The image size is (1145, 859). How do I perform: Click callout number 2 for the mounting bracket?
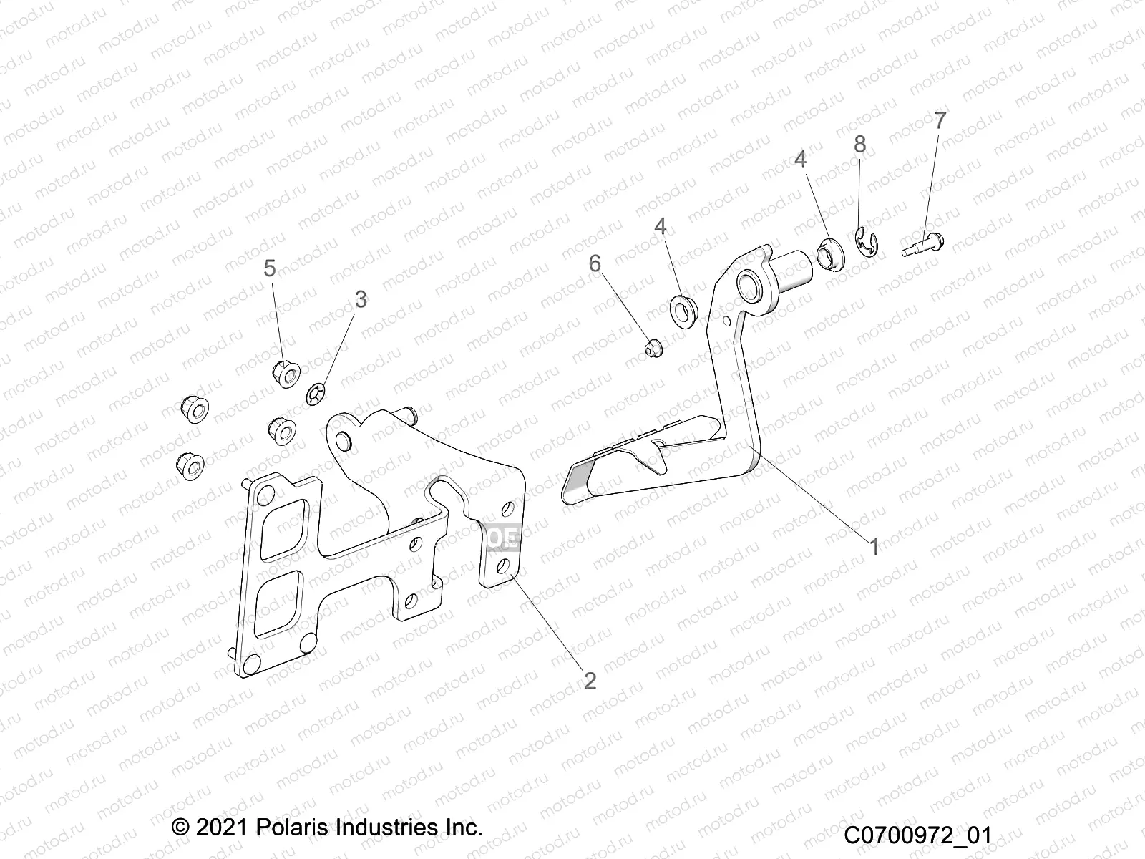point(590,680)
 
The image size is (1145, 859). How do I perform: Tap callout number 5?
point(269,268)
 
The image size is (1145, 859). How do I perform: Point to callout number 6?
point(595,263)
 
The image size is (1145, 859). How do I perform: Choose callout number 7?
point(940,120)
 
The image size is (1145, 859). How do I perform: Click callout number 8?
point(859,145)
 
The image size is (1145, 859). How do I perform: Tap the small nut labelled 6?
point(653,349)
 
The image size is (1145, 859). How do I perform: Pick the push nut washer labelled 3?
point(315,393)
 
